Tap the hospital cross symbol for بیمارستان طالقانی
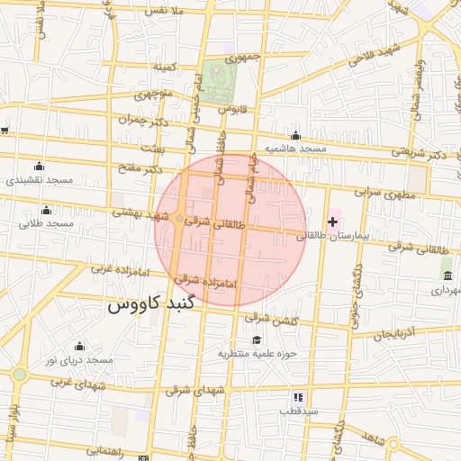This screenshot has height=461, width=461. click(x=332, y=221)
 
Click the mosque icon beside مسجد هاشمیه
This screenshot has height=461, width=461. click(x=295, y=136)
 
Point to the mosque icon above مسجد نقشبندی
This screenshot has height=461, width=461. click(x=39, y=166)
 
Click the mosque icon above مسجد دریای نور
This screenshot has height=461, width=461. click(x=79, y=347)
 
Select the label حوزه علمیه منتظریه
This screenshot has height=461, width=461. click(x=257, y=353)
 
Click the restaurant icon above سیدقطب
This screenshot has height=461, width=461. click(x=298, y=397)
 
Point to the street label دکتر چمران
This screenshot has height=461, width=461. click(x=143, y=118)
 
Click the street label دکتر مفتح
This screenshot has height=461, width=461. click(x=140, y=168)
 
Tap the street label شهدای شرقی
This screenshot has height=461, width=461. click(x=190, y=391)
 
